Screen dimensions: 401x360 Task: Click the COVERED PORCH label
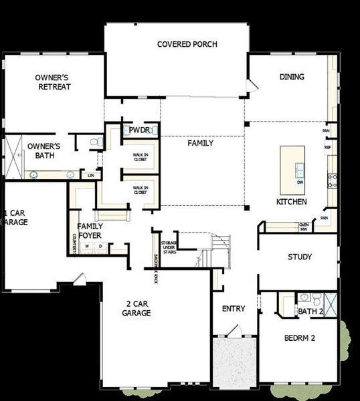point(187,45)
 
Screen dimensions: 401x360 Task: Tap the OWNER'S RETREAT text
point(54,82)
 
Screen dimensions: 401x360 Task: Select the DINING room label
point(291,77)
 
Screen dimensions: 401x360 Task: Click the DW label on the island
point(299,182)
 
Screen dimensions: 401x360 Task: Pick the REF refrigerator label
point(328,147)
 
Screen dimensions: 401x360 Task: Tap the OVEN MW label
point(303,227)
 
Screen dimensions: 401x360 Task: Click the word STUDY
point(299,257)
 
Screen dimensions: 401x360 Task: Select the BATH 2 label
point(311,311)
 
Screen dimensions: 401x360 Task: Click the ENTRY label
point(234,309)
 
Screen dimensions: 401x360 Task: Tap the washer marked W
point(87,246)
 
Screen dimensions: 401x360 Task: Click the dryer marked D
point(101,246)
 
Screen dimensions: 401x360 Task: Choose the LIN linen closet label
point(91,175)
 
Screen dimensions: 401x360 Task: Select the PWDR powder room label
point(139,130)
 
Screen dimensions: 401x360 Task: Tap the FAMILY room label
point(200,143)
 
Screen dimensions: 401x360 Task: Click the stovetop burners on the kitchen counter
point(331,179)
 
